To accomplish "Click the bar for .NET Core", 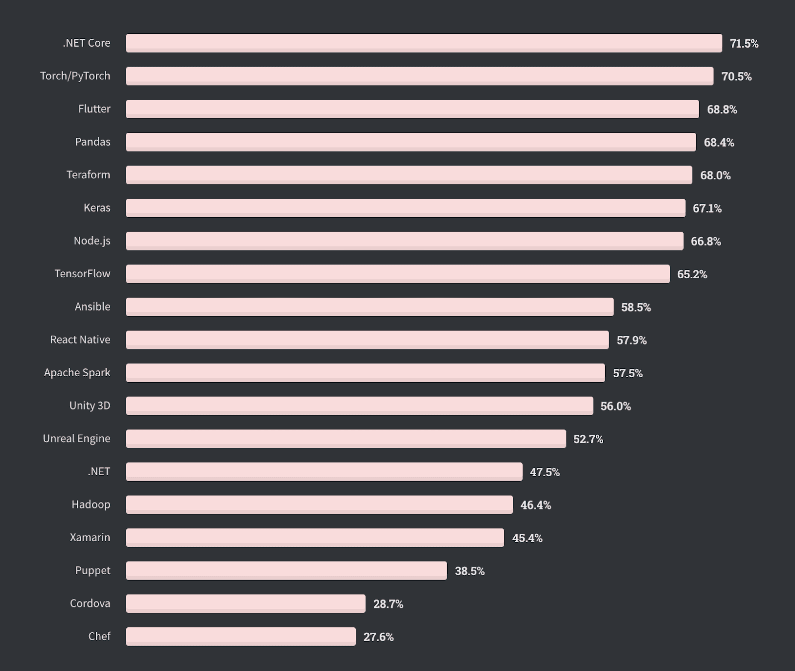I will click(x=424, y=43).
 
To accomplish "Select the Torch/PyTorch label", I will click(x=75, y=76).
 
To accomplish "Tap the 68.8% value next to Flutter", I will click(x=721, y=109).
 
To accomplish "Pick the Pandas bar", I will click(x=410, y=142).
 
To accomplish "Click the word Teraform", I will click(x=88, y=175).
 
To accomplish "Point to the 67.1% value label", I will click(x=707, y=208).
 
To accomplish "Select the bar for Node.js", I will click(x=404, y=241).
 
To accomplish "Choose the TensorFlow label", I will click(x=82, y=274).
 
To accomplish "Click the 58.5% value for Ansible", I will click(x=636, y=307).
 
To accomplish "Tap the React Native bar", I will click(x=367, y=340).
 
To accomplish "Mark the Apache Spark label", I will click(x=77, y=373).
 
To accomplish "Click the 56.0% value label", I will click(x=615, y=406).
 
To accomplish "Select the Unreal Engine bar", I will click(x=346, y=439).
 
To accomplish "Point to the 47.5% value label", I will click(x=545, y=472).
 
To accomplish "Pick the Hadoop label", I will click(x=91, y=504).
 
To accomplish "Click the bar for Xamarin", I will click(x=315, y=538).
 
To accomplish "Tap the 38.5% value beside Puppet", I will click(x=470, y=571).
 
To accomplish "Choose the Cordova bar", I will click(x=245, y=604).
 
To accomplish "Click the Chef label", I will click(x=99, y=637).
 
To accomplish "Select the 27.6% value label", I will click(x=378, y=637).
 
